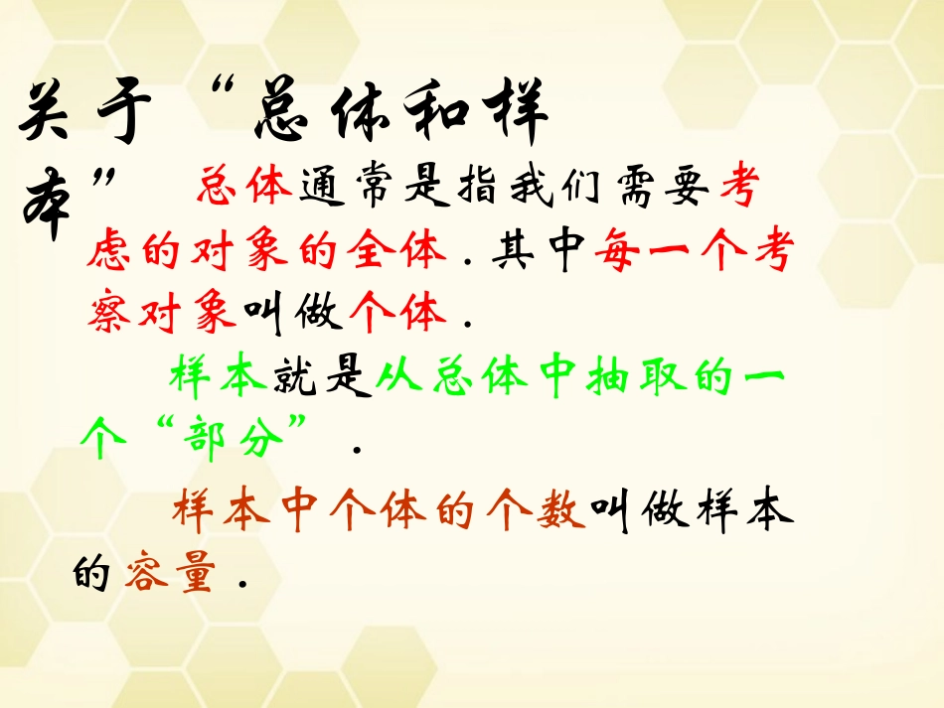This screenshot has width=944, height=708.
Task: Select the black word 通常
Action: click(350, 188)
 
